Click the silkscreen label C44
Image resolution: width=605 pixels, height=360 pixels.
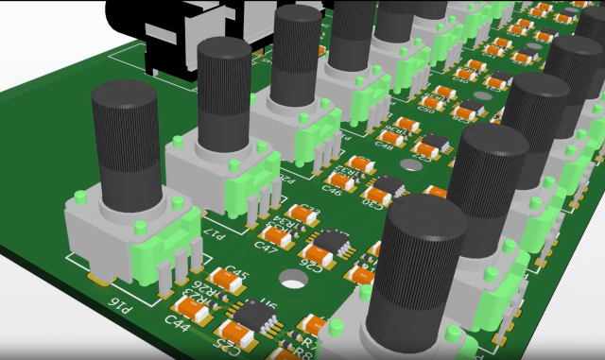tap(176, 322)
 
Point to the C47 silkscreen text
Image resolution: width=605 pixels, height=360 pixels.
tap(267, 249)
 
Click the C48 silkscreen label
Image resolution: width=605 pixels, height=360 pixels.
tap(385, 146)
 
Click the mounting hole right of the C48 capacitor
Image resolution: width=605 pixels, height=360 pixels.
tap(410, 164)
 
